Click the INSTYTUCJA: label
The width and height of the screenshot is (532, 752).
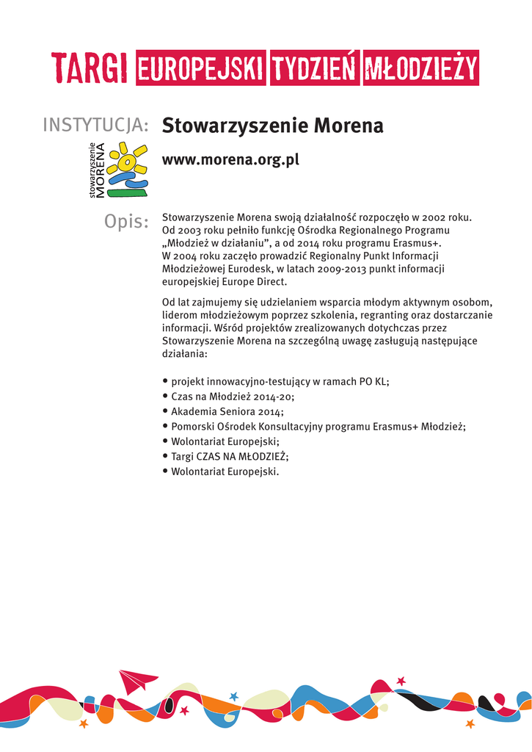[x=96, y=126]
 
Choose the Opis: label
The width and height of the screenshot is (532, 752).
[x=126, y=221]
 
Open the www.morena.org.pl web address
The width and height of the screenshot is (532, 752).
[x=230, y=160]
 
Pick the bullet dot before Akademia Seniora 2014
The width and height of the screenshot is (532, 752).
[x=165, y=412]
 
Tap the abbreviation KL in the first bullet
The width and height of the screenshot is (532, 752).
[x=379, y=382]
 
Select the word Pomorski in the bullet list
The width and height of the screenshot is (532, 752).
[x=192, y=427]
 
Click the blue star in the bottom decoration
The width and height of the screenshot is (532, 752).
[x=234, y=696]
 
